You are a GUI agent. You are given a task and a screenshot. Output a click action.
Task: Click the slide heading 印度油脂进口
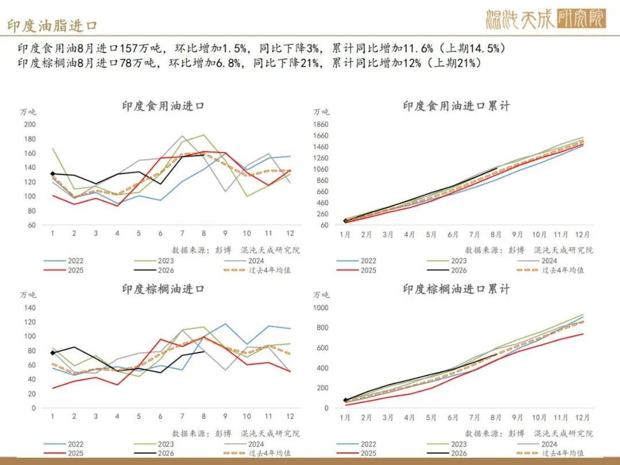[x=52, y=26]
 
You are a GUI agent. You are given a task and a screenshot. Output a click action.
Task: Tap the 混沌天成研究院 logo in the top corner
[x=546, y=18]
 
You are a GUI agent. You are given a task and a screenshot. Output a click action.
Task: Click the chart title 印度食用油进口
[x=163, y=106]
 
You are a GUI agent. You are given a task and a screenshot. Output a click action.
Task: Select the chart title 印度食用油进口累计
[x=456, y=106]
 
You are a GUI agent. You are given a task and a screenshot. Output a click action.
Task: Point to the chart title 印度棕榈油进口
[x=163, y=289]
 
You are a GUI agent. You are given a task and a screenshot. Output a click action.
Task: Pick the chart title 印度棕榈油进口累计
[x=456, y=289]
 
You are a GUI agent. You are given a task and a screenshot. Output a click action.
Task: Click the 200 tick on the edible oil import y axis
[x=30, y=124]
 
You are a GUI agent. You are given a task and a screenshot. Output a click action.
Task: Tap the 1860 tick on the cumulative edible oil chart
[x=321, y=124]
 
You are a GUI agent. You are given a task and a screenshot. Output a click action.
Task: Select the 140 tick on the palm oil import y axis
[x=30, y=308]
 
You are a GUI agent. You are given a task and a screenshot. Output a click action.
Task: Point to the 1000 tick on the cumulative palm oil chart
[x=321, y=308]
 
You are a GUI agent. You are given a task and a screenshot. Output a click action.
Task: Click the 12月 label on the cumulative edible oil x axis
[x=582, y=234]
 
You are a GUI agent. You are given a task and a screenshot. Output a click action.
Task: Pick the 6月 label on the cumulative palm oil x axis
[x=453, y=417]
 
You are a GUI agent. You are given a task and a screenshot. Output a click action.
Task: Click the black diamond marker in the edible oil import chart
[x=53, y=173]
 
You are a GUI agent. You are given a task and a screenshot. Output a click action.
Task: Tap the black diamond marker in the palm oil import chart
[x=53, y=352]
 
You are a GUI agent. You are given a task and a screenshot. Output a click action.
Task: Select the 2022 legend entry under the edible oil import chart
[x=64, y=261]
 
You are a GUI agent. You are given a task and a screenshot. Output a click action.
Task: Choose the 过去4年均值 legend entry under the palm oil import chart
[x=257, y=453]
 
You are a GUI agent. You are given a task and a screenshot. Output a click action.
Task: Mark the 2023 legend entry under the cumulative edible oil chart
[x=447, y=261]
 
